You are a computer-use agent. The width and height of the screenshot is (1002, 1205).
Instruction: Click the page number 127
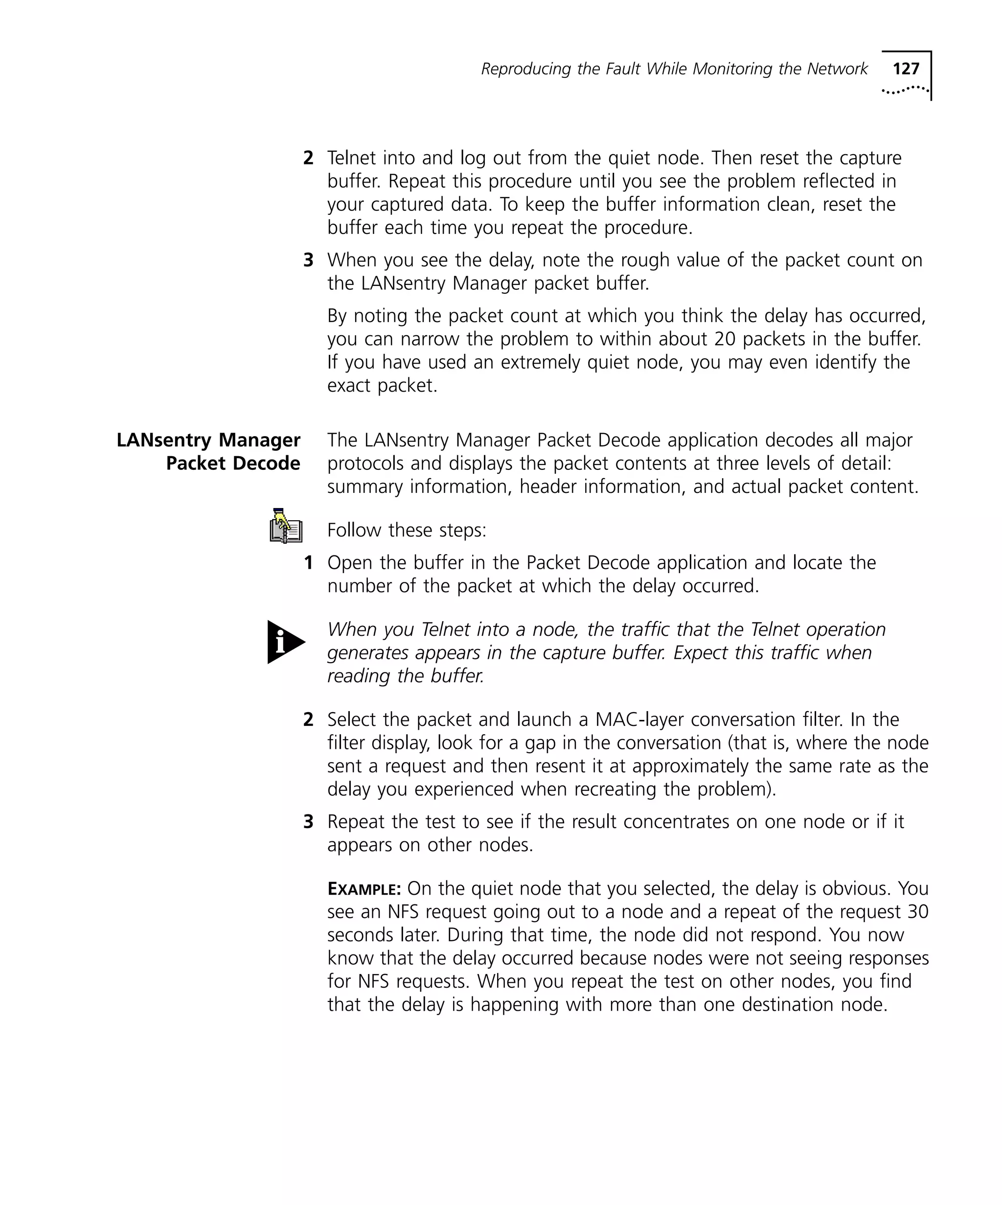tap(906, 69)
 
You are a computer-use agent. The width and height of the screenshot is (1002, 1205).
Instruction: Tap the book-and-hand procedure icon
tap(285, 526)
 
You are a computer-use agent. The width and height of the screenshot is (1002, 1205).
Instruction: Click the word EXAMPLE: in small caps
tap(364, 889)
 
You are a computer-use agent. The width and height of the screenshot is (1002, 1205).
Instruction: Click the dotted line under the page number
tap(905, 90)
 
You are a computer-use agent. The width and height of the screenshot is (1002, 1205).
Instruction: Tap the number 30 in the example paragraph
tap(918, 912)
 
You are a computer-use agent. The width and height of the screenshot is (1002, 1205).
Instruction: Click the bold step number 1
tap(309, 563)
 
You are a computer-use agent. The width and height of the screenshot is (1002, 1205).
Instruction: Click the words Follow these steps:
tap(406, 530)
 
